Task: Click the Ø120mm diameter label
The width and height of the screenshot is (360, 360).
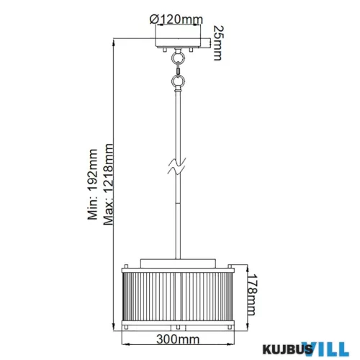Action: [x=178, y=20]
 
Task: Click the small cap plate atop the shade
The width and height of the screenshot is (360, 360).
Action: [x=177, y=261]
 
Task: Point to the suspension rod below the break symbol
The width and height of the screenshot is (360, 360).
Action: [x=177, y=216]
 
